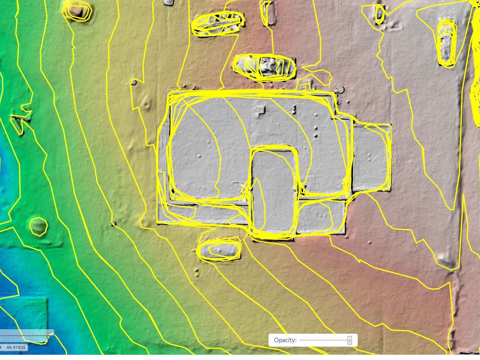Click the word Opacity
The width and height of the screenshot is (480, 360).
(x=285, y=340)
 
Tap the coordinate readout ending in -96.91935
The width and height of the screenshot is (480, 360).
(x=15, y=348)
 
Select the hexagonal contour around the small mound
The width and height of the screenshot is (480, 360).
(x=38, y=226)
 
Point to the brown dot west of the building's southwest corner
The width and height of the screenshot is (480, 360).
(x=113, y=224)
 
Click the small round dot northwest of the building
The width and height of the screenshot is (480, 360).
(x=134, y=83)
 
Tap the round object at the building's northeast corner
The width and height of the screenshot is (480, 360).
(x=341, y=89)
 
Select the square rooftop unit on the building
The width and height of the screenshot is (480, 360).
(x=262, y=109)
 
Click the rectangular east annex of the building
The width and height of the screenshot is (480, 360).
(x=371, y=158)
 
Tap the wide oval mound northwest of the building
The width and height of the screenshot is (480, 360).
(x=218, y=23)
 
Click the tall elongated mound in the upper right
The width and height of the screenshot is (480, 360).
(x=446, y=43)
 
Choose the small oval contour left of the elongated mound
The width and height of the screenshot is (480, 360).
(x=380, y=14)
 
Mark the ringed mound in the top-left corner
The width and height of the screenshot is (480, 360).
(x=77, y=11)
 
